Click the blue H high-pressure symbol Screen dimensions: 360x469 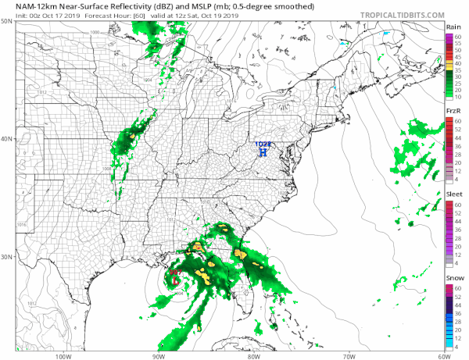click(263, 153)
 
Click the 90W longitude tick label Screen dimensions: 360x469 click(159, 355)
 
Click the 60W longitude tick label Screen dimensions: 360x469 click(442, 355)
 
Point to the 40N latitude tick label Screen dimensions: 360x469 click(7, 139)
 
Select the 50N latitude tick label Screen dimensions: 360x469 click(7, 21)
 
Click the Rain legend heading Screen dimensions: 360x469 click(453, 27)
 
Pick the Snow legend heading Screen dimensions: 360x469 click(453, 278)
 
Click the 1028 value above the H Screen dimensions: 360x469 click(263, 144)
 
